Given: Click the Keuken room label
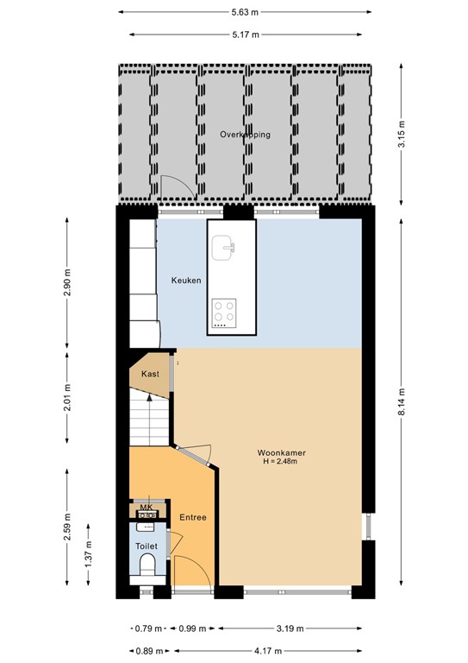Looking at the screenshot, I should coord(186,281).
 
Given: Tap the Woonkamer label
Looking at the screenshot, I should coord(282,452).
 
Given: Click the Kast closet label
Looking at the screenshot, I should coord(149,374).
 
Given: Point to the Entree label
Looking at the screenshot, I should coord(192,517).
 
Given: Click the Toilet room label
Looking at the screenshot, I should coord(144,546).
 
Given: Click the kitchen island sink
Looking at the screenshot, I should coord(226,247).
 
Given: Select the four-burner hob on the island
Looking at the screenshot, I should coord(226,311).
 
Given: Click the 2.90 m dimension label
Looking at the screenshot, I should coord(68,281).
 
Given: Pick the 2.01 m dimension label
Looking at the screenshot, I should coord(68,398).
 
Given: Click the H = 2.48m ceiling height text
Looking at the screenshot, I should coord(282,462).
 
